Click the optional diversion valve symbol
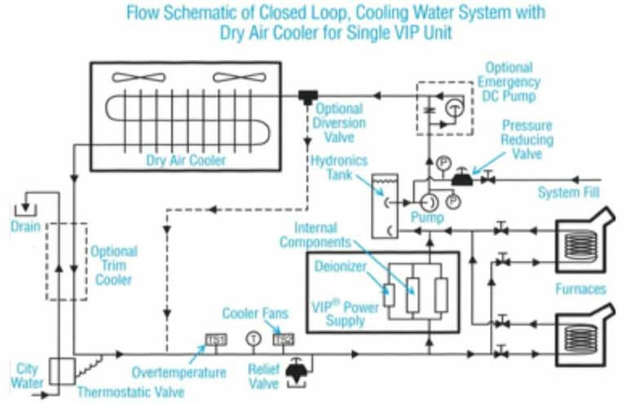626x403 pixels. click(308, 96)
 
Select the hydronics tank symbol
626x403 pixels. click(382, 205)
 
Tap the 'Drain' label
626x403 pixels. click(25, 224)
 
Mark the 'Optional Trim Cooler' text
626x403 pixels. click(113, 265)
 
